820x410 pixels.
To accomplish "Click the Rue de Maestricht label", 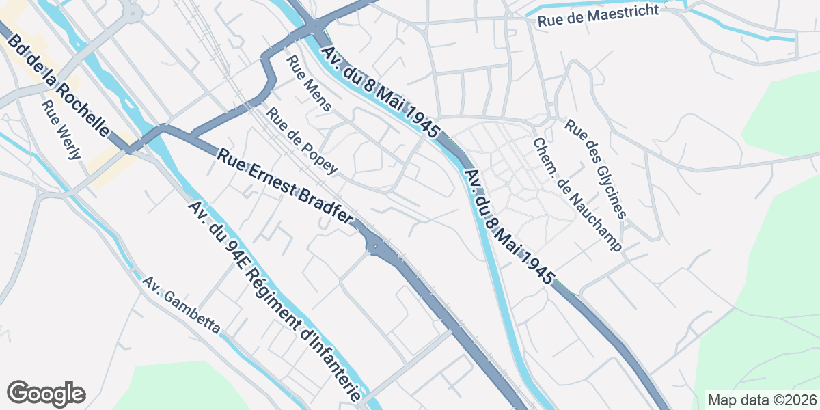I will (598, 16).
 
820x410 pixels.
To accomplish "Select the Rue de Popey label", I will (301, 141).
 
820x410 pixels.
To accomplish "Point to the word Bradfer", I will (326, 207).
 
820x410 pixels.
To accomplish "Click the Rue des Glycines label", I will (595, 169).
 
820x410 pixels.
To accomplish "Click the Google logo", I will (46, 394).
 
